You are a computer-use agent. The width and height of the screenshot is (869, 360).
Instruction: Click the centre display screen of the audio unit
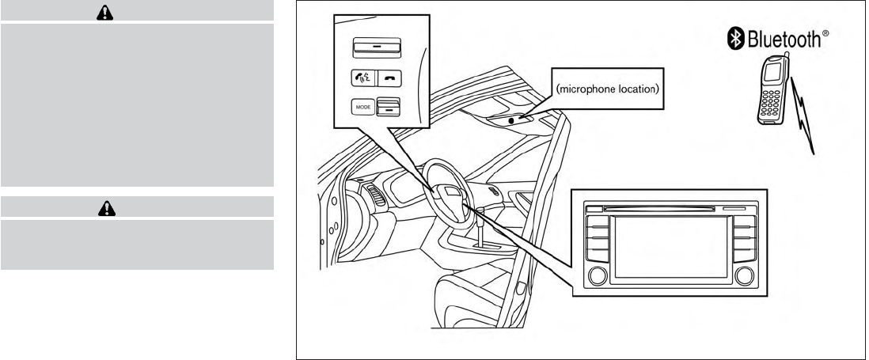[x=671, y=246]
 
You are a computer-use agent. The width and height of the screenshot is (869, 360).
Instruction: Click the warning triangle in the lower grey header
[x=137, y=207]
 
